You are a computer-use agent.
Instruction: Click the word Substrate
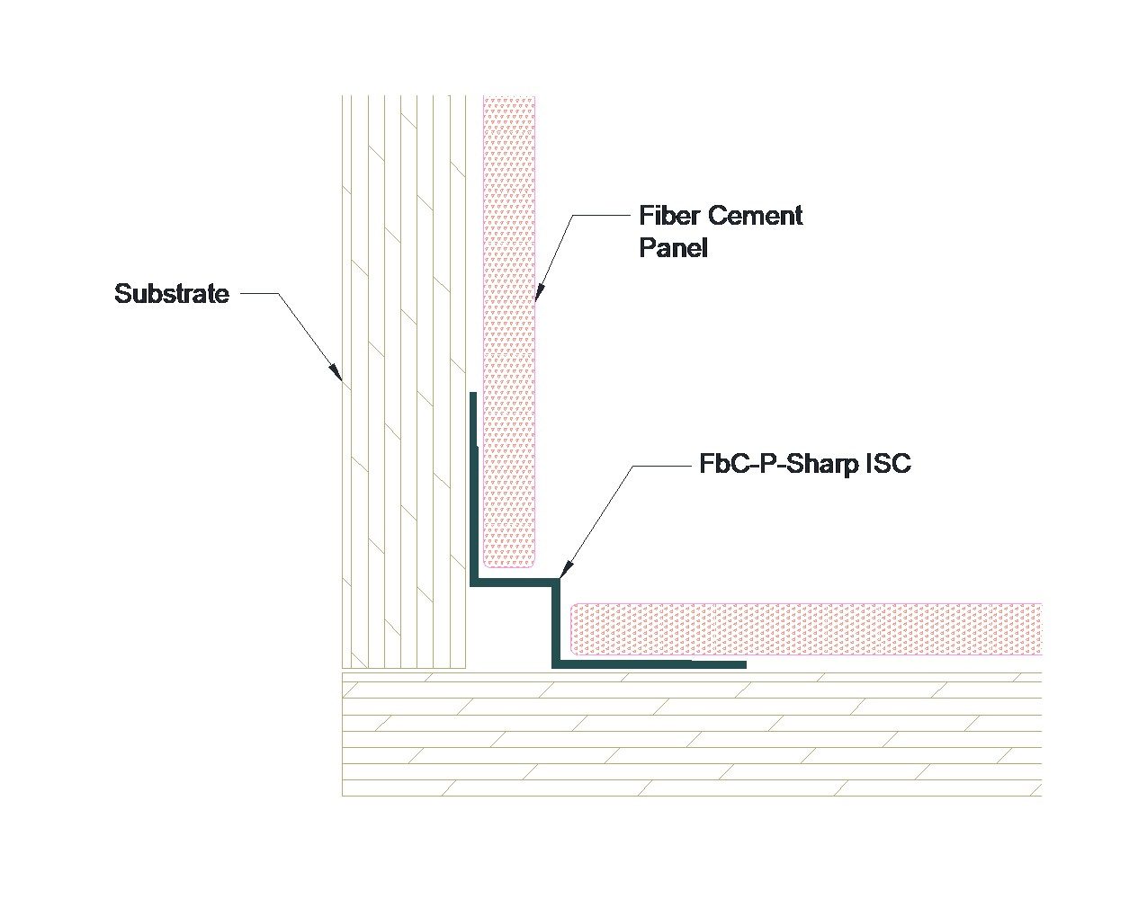pos(172,294)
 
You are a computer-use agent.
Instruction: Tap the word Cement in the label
pos(756,216)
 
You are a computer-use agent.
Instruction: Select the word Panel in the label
pos(673,248)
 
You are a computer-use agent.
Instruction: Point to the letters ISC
pos(888,464)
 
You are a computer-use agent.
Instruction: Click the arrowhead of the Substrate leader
pos(336,372)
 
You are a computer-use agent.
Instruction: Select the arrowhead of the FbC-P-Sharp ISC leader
pos(563,570)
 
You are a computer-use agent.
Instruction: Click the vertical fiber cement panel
pos(509,333)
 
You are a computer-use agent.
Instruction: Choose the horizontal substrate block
pos(691,734)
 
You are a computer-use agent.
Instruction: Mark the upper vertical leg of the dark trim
pos(473,485)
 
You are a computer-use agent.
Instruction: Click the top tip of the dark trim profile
pos(473,395)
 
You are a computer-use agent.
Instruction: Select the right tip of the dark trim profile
pos(743,664)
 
